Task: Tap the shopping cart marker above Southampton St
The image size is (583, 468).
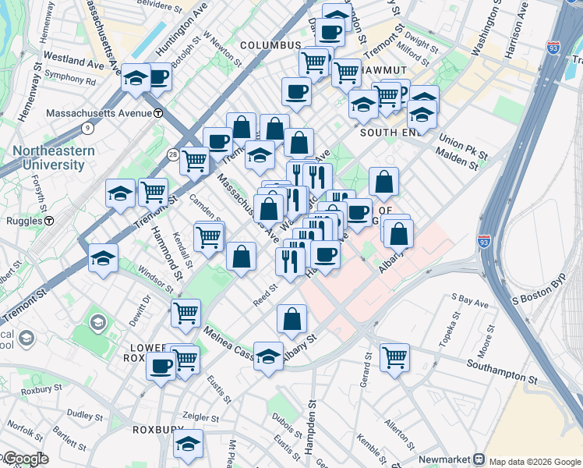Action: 395,358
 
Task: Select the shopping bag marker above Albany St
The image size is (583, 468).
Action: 291,319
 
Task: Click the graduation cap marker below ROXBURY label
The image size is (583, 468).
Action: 188,445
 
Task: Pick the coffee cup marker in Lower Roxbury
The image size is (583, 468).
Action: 161,365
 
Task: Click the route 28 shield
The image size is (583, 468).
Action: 172,155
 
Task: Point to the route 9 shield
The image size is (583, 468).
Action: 88,128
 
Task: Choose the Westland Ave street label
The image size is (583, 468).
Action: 74,60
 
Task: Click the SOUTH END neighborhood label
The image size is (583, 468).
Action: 390,133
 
